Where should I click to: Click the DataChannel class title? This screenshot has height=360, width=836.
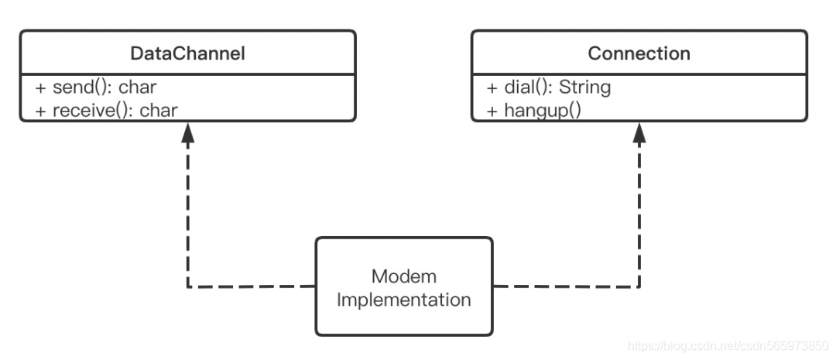tap(187, 53)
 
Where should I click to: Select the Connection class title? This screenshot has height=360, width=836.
tap(639, 53)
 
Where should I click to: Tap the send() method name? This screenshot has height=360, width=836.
tap(83, 87)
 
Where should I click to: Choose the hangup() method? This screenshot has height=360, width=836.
tap(542, 111)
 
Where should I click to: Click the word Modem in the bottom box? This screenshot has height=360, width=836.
tap(403, 276)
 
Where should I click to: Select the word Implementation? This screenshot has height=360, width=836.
tap(403, 299)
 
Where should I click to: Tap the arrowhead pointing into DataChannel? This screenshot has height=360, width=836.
tap(187, 132)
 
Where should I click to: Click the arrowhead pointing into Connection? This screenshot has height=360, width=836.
tap(639, 132)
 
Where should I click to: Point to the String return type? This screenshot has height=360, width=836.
tap(584, 87)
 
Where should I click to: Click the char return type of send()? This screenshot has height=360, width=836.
tap(138, 87)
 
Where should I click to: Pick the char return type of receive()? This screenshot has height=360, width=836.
tap(159, 110)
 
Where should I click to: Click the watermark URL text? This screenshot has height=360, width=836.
tap(728, 346)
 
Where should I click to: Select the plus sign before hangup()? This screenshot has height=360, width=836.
tap(492, 111)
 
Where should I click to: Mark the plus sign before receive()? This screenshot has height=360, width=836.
tap(41, 111)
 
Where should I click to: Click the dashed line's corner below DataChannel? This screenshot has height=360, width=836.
tap(187, 287)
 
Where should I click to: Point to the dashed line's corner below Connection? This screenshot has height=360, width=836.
tap(639, 287)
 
